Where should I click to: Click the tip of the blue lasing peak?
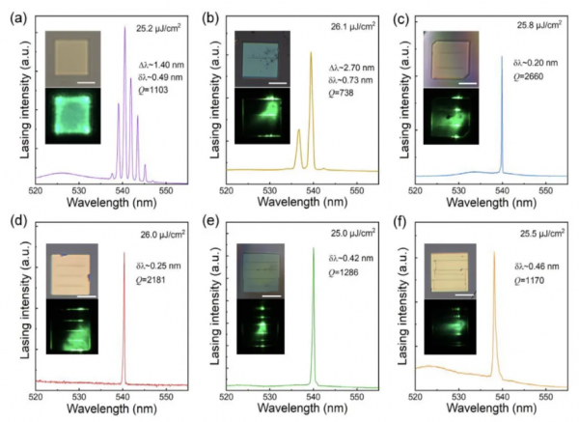pyautogui.click(x=502, y=57)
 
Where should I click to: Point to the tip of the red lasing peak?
pyautogui.click(x=124, y=253)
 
